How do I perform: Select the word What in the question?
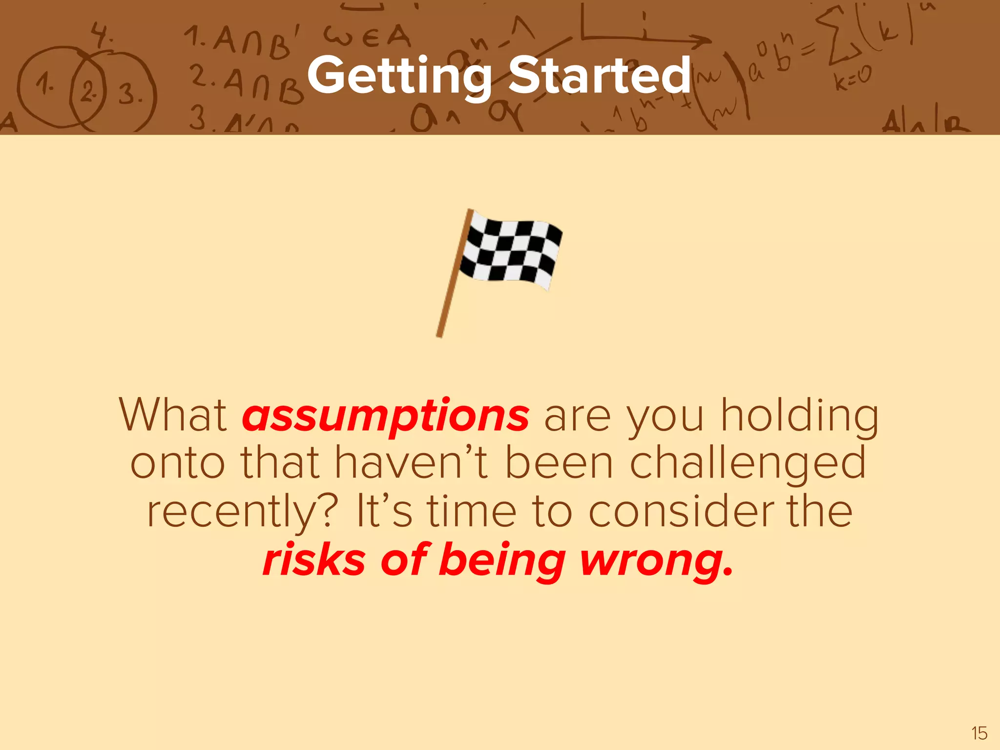click(173, 415)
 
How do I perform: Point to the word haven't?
click(411, 463)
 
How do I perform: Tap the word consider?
click(681, 511)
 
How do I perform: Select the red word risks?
click(314, 560)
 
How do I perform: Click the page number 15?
click(979, 733)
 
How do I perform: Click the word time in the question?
click(472, 511)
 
